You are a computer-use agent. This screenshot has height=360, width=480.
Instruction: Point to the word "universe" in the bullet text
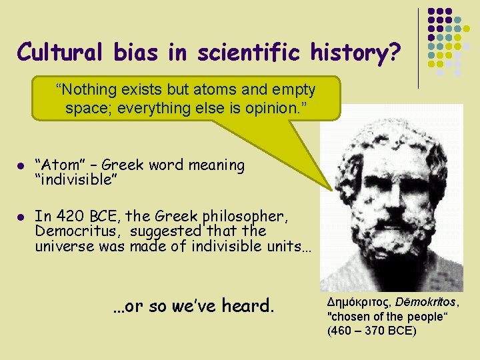point(64,245)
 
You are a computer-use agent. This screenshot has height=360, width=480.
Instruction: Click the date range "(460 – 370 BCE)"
point(372,331)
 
